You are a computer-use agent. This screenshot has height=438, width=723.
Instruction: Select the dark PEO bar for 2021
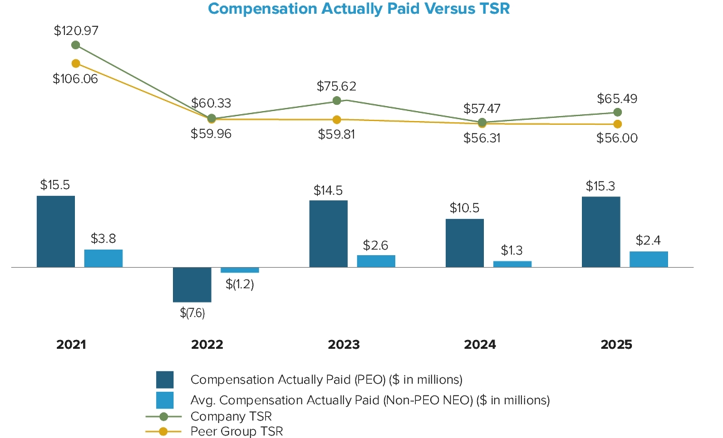(56, 231)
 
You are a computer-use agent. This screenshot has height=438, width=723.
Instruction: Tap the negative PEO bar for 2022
(192, 285)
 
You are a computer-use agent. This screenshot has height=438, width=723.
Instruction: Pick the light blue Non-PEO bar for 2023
(376, 261)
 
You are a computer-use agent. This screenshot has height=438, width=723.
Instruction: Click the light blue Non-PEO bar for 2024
(512, 264)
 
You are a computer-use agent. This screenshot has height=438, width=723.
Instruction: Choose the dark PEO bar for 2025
(601, 232)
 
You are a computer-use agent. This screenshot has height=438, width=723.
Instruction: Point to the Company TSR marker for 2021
(76, 45)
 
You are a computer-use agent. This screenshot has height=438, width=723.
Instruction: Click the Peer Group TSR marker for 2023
(337, 119)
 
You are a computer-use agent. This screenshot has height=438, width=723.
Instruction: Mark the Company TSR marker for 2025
(617, 112)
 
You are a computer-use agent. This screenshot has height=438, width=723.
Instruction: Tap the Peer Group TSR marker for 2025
(617, 124)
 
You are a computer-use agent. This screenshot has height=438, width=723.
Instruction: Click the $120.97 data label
(76, 30)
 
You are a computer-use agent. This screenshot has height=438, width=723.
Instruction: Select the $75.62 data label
(337, 86)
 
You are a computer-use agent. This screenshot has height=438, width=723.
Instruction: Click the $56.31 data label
(481, 139)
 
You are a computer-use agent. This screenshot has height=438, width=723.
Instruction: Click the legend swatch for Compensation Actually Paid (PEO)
(165, 379)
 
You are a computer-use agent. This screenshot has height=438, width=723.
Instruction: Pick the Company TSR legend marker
(164, 416)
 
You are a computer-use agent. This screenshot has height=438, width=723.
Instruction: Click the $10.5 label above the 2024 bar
(465, 208)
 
